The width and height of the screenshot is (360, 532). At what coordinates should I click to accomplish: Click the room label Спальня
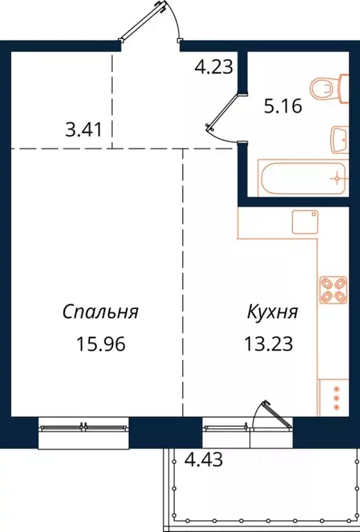coord(100,312)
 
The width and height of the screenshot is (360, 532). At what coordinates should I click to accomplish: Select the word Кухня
coord(273,312)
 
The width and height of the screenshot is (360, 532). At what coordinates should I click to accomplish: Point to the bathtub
coord(302,178)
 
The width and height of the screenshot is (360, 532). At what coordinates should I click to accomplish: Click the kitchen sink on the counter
coord(304,222)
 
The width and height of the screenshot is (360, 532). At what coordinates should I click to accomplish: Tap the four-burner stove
coord(332,290)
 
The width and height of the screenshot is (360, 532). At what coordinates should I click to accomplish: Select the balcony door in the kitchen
coord(270,419)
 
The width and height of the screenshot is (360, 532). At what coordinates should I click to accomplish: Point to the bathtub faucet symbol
coord(337,177)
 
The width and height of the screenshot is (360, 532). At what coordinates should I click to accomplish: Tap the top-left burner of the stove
coord(326,283)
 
